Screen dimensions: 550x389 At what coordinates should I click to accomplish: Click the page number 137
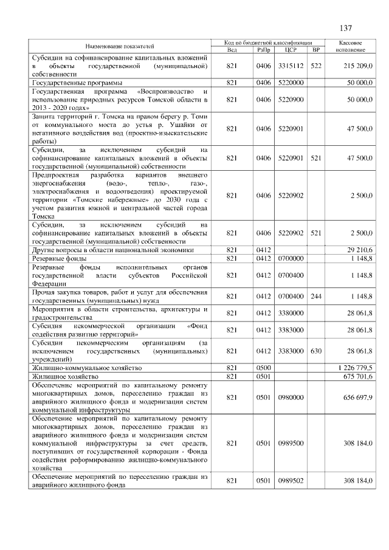click(346, 28)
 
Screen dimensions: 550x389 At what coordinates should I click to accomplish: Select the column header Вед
click(231, 49)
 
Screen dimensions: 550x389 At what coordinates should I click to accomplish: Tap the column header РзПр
click(264, 49)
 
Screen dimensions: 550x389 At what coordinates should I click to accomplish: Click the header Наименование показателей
click(120, 46)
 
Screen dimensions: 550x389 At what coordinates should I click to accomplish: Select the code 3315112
click(290, 65)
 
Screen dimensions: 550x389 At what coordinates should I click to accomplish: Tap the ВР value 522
click(315, 65)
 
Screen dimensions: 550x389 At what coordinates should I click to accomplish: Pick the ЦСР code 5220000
click(290, 82)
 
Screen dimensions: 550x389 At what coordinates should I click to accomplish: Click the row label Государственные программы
click(77, 82)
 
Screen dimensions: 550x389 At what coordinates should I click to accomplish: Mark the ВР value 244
click(315, 296)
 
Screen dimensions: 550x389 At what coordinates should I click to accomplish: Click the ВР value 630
click(315, 351)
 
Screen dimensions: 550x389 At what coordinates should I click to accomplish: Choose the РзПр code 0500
click(264, 368)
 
